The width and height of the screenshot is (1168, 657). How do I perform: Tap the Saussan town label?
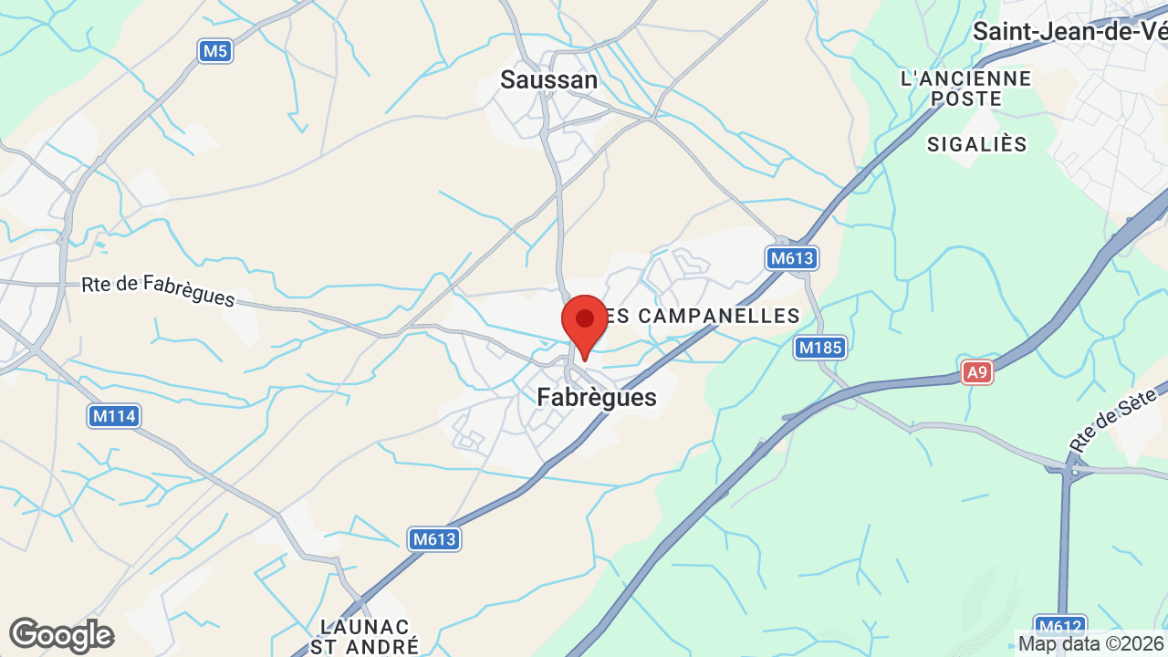point(549,80)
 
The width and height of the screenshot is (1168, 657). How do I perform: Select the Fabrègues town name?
point(597,398)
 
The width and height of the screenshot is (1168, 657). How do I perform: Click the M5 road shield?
point(214,51)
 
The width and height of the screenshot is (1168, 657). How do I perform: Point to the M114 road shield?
point(114,417)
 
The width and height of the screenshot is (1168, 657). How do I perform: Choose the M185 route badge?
point(820,348)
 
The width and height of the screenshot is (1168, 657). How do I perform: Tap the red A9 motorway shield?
point(976,371)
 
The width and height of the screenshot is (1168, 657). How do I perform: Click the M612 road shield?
point(1060,627)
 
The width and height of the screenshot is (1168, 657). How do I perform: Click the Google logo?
point(61,635)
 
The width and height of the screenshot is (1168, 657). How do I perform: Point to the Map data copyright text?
point(1091,644)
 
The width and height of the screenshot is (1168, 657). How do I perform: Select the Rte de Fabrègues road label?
point(158,291)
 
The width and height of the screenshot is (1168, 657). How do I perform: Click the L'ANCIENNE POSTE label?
point(965,89)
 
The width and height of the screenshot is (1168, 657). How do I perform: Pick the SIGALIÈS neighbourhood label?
point(977,144)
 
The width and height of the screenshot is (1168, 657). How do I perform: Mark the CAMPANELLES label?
point(703,316)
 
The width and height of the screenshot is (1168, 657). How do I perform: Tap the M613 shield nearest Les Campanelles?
point(791,258)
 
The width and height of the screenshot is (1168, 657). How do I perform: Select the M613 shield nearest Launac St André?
point(433,539)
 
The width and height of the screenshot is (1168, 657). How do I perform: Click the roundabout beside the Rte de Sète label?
point(1074,470)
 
